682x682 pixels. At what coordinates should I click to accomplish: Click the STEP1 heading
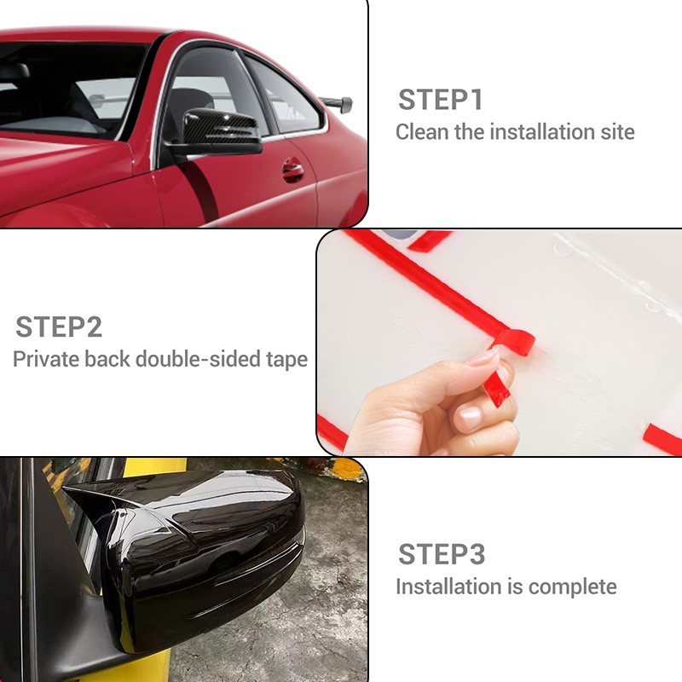coord(441,100)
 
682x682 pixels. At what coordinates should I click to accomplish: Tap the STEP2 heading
coord(59,327)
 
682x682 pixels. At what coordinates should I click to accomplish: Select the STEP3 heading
coord(442,554)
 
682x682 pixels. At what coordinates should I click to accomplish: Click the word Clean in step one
coord(422,132)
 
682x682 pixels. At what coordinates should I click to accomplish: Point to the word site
coord(617,132)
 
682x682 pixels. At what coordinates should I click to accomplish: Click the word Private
coord(46,359)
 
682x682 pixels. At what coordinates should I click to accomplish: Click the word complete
coord(572,587)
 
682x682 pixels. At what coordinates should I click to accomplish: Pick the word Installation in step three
coord(448,587)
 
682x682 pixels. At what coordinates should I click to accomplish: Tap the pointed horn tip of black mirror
coord(66,488)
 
